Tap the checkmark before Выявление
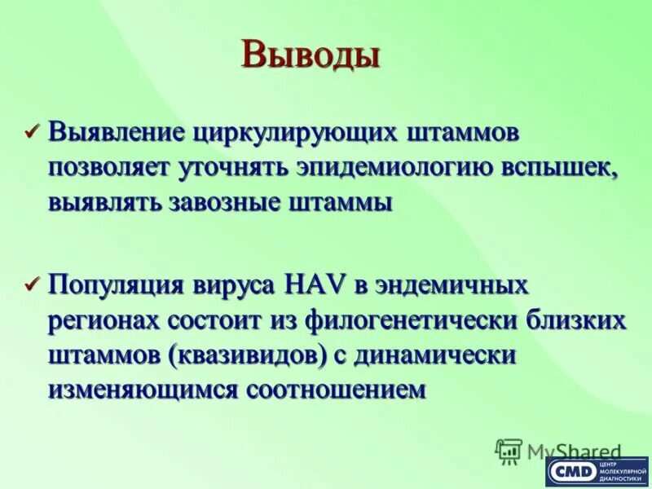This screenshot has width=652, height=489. click(x=33, y=131)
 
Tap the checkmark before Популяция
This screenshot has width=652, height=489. click(x=33, y=285)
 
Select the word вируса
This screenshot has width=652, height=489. click(x=237, y=286)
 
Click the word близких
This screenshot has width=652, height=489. click(x=575, y=320)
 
